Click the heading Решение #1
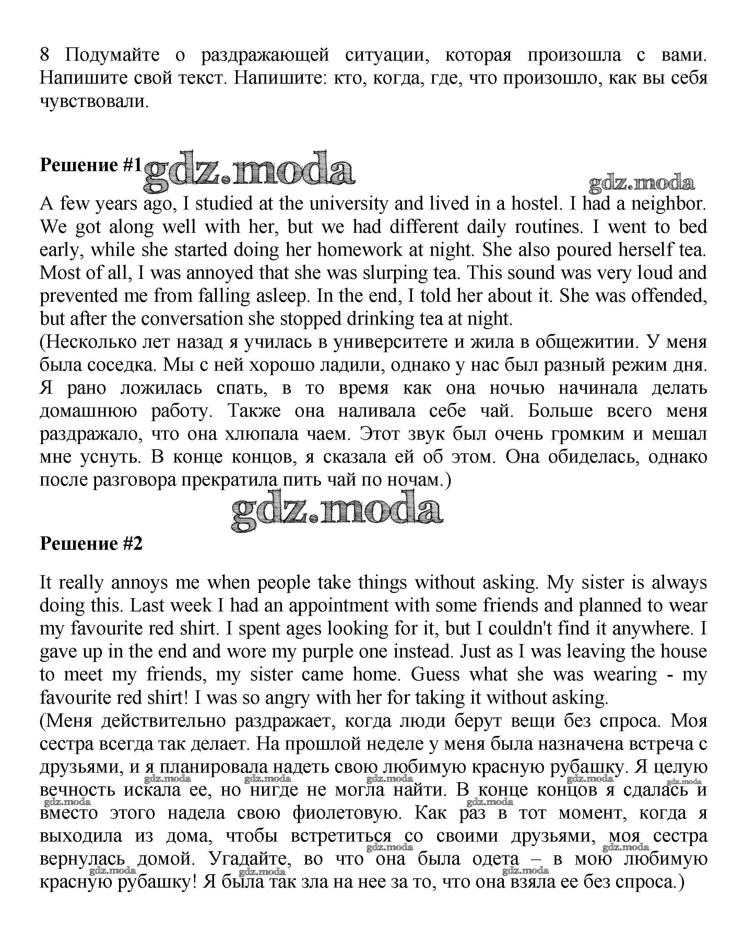(x=91, y=165)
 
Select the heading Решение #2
(x=91, y=544)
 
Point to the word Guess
(x=435, y=674)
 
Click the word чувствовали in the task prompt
(x=94, y=101)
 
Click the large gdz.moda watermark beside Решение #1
(x=249, y=171)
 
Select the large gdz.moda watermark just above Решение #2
(x=337, y=510)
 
